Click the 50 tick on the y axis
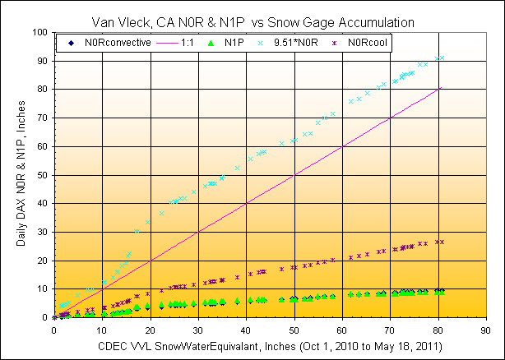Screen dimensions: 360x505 44,175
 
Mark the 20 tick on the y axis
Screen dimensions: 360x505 44,261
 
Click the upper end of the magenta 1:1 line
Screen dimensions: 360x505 440,89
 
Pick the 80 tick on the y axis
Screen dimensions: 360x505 44,90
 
